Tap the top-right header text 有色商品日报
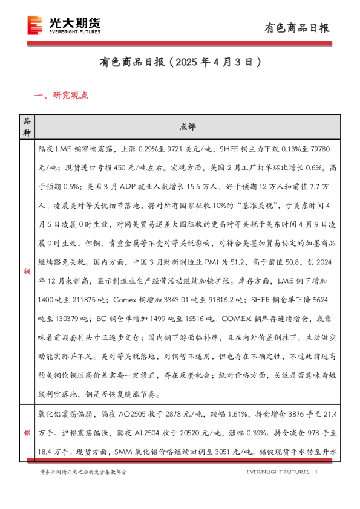tap(298, 28)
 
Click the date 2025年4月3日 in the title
tap(218, 62)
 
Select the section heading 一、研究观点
tap(62, 94)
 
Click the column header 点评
tap(187, 127)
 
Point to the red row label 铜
tap(26, 272)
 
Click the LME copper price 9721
tap(180, 148)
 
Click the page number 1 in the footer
tap(317, 472)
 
